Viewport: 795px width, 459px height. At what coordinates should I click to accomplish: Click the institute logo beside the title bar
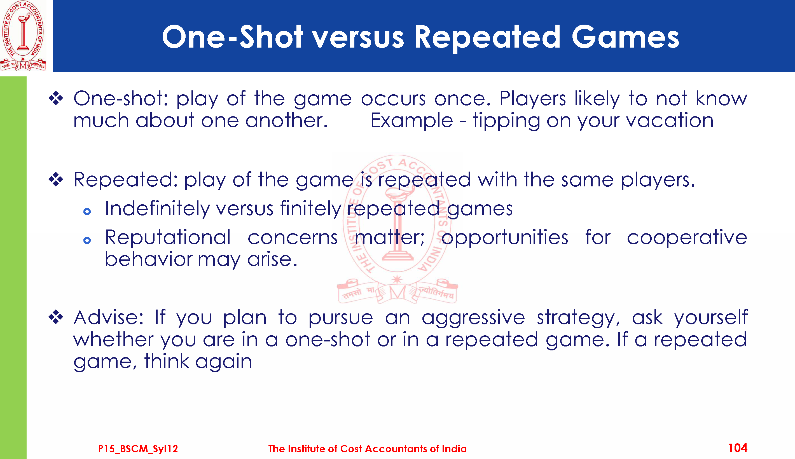point(23,36)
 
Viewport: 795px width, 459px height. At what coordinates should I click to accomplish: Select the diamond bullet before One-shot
point(56,98)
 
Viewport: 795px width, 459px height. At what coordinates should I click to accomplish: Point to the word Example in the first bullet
point(411,120)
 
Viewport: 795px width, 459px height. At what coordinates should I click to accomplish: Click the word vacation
point(670,120)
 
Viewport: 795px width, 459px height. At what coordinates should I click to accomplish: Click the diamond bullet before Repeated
point(56,179)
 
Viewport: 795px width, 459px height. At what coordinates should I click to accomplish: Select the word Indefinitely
point(157,209)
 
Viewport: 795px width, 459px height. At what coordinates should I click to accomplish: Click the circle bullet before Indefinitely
point(87,212)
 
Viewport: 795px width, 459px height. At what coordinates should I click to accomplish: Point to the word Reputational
point(168,238)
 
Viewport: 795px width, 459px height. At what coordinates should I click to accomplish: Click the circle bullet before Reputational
point(87,240)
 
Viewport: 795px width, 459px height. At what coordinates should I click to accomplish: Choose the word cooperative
point(687,238)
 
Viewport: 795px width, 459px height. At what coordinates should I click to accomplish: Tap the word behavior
point(148,259)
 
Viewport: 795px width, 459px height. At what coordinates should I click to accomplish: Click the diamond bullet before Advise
point(56,317)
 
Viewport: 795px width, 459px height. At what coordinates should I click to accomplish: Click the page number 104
point(738,448)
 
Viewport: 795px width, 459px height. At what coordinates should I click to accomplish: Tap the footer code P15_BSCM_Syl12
point(138,449)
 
